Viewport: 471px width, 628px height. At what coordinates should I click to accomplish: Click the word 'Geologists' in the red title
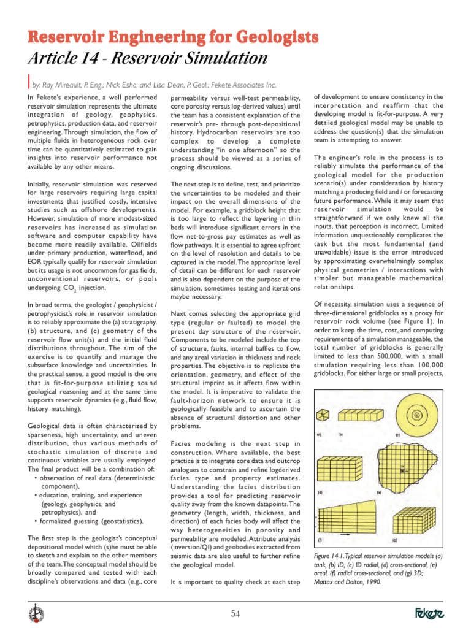258,37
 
